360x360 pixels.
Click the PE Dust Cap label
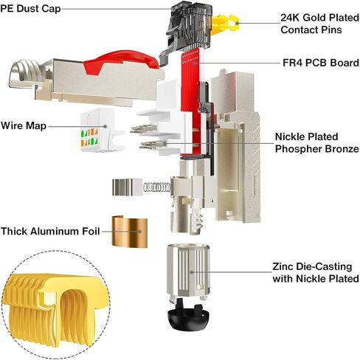pos(30,9)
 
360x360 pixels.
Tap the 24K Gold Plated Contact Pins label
pos(319,24)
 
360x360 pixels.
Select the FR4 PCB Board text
pos(321,63)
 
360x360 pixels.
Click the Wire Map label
pos(24,125)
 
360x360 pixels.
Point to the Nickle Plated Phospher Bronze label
pos(317,142)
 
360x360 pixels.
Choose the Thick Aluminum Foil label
pos(50,232)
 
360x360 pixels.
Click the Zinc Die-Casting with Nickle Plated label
pos(316,272)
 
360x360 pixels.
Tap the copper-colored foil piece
pos(130,232)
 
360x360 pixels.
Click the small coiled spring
pos(156,187)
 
